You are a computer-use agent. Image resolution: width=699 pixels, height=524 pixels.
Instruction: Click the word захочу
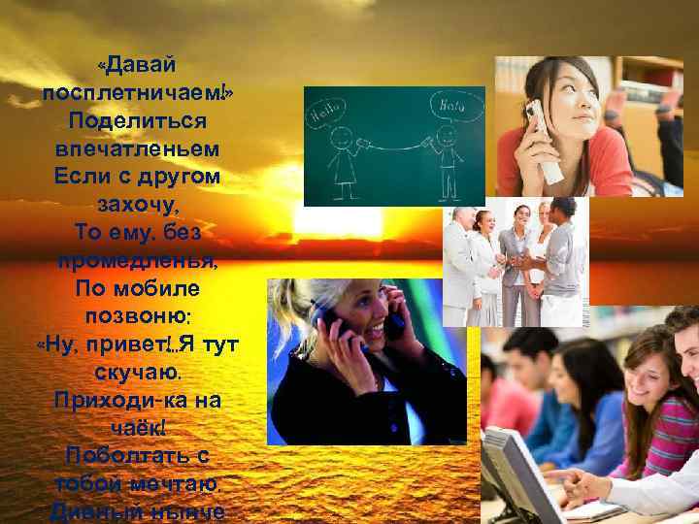point(137,206)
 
